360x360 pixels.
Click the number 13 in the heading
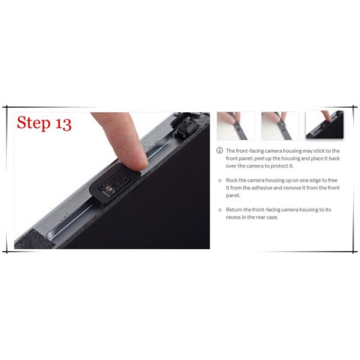click(x=63, y=123)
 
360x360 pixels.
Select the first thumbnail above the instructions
click(x=235, y=125)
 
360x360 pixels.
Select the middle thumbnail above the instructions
click(x=280, y=125)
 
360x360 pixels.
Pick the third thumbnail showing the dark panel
click(x=324, y=125)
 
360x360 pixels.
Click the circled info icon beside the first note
click(x=220, y=151)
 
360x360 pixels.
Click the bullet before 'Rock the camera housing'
click(x=220, y=180)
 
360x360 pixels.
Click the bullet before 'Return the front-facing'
click(x=220, y=209)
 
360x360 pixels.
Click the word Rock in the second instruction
click(x=232, y=180)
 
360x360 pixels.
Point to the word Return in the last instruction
click(x=234, y=209)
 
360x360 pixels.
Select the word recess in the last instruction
click(x=233, y=217)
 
